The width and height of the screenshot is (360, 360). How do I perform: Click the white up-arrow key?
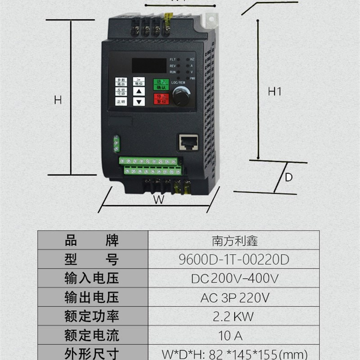click(x=139, y=92)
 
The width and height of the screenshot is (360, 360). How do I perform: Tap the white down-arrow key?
click(x=139, y=102)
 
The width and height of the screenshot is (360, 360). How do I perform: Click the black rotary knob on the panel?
click(x=181, y=96)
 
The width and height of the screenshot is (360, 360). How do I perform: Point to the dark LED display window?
click(x=147, y=66)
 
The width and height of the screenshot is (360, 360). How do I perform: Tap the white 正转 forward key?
click(x=121, y=102)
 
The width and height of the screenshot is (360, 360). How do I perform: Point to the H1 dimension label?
click(x=274, y=92)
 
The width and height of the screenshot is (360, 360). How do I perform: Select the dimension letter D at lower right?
click(x=289, y=177)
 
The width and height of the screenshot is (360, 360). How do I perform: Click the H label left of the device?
click(x=58, y=100)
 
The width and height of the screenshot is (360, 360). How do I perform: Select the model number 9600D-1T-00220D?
click(x=234, y=260)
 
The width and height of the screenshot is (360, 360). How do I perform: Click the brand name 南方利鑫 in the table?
click(x=234, y=241)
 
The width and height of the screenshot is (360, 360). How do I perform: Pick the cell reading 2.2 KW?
click(x=234, y=316)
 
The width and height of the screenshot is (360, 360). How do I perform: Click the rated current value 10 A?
click(x=234, y=335)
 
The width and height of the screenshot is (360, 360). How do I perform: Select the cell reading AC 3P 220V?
click(x=234, y=297)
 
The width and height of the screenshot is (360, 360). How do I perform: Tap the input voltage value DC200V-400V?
click(x=234, y=279)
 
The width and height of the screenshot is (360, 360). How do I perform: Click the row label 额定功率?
click(x=92, y=316)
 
